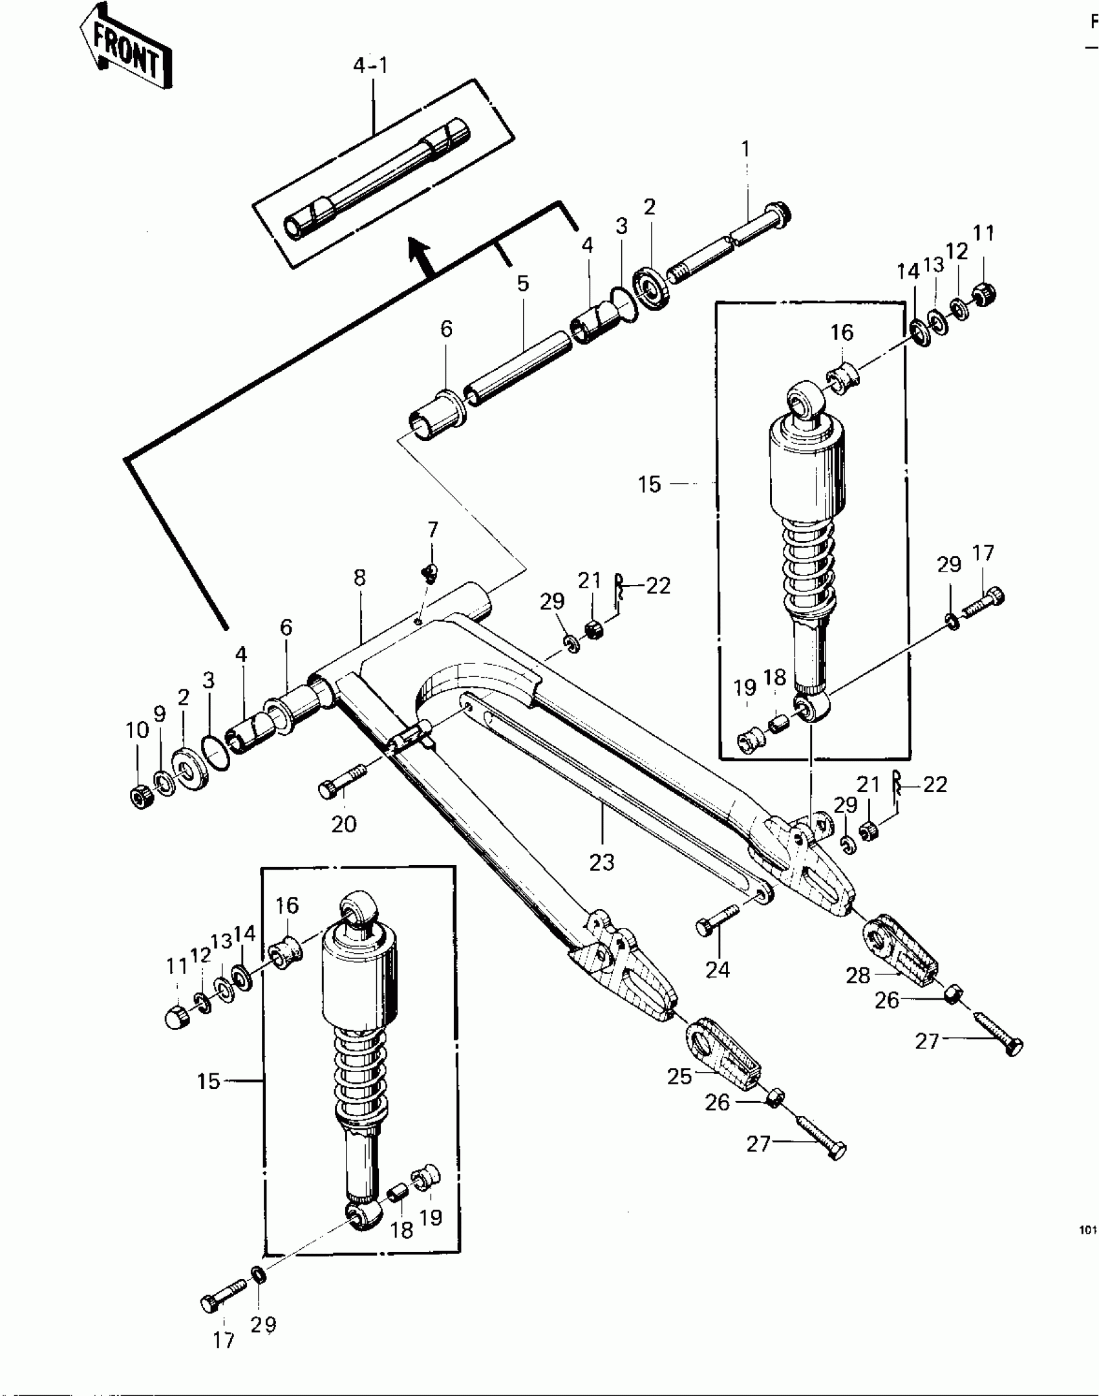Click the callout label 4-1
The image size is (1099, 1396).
pyautogui.click(x=372, y=66)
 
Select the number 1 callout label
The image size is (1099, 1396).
pyautogui.click(x=745, y=149)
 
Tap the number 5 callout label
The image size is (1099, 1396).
pyautogui.click(x=522, y=283)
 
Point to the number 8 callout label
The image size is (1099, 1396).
pyautogui.click(x=359, y=578)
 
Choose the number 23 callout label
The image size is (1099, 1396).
pyautogui.click(x=601, y=862)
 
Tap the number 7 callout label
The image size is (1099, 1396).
pyautogui.click(x=432, y=530)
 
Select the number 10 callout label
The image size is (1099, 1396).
pyautogui.click(x=137, y=731)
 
